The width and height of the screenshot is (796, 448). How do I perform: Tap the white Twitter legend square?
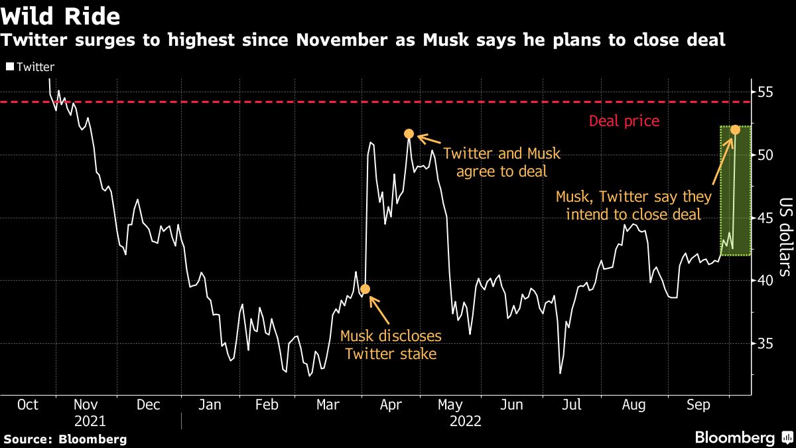9,67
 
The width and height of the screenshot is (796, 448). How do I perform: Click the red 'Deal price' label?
624,121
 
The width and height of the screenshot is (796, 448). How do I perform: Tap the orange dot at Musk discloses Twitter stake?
364,289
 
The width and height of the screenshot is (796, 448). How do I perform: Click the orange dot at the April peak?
409,134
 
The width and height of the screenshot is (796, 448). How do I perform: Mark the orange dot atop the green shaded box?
736,129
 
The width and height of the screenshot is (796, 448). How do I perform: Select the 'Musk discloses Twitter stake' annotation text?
391,345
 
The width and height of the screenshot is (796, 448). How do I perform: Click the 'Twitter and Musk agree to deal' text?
501,163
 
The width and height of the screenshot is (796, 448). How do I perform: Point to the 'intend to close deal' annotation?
633,205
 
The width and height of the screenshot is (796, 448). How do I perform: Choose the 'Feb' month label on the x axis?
267,405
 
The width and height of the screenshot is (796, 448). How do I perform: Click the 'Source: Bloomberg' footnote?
65,439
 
